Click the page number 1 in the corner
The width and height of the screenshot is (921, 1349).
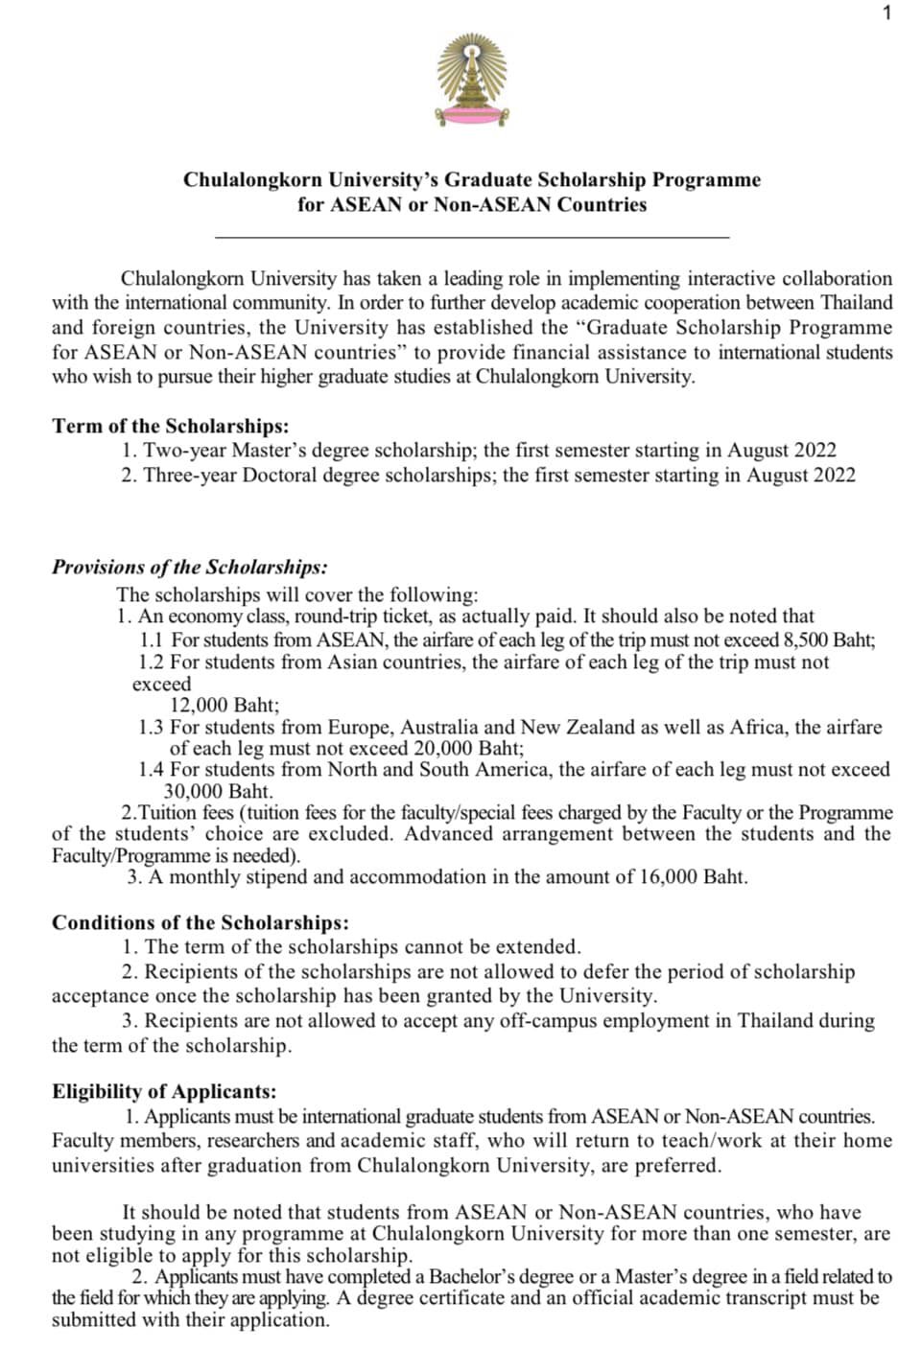[887, 12]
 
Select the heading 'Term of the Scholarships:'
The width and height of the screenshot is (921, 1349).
[170, 426]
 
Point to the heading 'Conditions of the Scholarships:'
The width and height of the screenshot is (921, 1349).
[201, 922]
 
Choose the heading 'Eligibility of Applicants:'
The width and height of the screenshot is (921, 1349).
[164, 1091]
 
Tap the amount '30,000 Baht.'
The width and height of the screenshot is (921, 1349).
[218, 791]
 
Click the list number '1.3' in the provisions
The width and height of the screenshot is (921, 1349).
[151, 727]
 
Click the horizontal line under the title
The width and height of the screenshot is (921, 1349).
[472, 236]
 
